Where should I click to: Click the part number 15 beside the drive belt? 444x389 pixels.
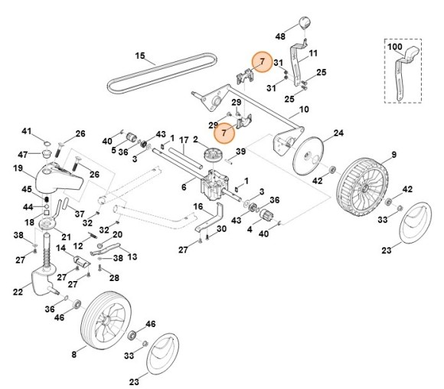point(140,56)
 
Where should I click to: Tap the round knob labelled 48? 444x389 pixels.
point(305,23)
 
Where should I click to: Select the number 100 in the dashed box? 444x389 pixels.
point(394,47)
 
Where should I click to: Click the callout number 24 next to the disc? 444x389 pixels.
point(338,133)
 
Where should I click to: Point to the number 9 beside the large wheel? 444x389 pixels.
point(394,155)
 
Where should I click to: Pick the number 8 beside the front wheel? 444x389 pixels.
point(74,355)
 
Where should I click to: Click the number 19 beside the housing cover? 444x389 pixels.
point(18,168)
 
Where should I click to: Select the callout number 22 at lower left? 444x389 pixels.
point(18,292)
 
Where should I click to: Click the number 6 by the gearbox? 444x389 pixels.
point(184,188)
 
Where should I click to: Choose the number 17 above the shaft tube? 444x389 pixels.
point(184,140)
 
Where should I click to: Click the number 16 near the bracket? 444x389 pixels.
point(198,206)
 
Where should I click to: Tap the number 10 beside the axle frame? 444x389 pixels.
point(304,110)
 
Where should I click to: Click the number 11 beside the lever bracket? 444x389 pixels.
point(313,53)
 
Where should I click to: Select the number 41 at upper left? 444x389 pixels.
point(26,131)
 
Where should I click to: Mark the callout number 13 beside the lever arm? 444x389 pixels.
point(132,257)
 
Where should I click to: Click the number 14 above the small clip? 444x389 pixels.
point(60,248)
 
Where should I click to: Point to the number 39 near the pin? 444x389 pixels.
point(240,152)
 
